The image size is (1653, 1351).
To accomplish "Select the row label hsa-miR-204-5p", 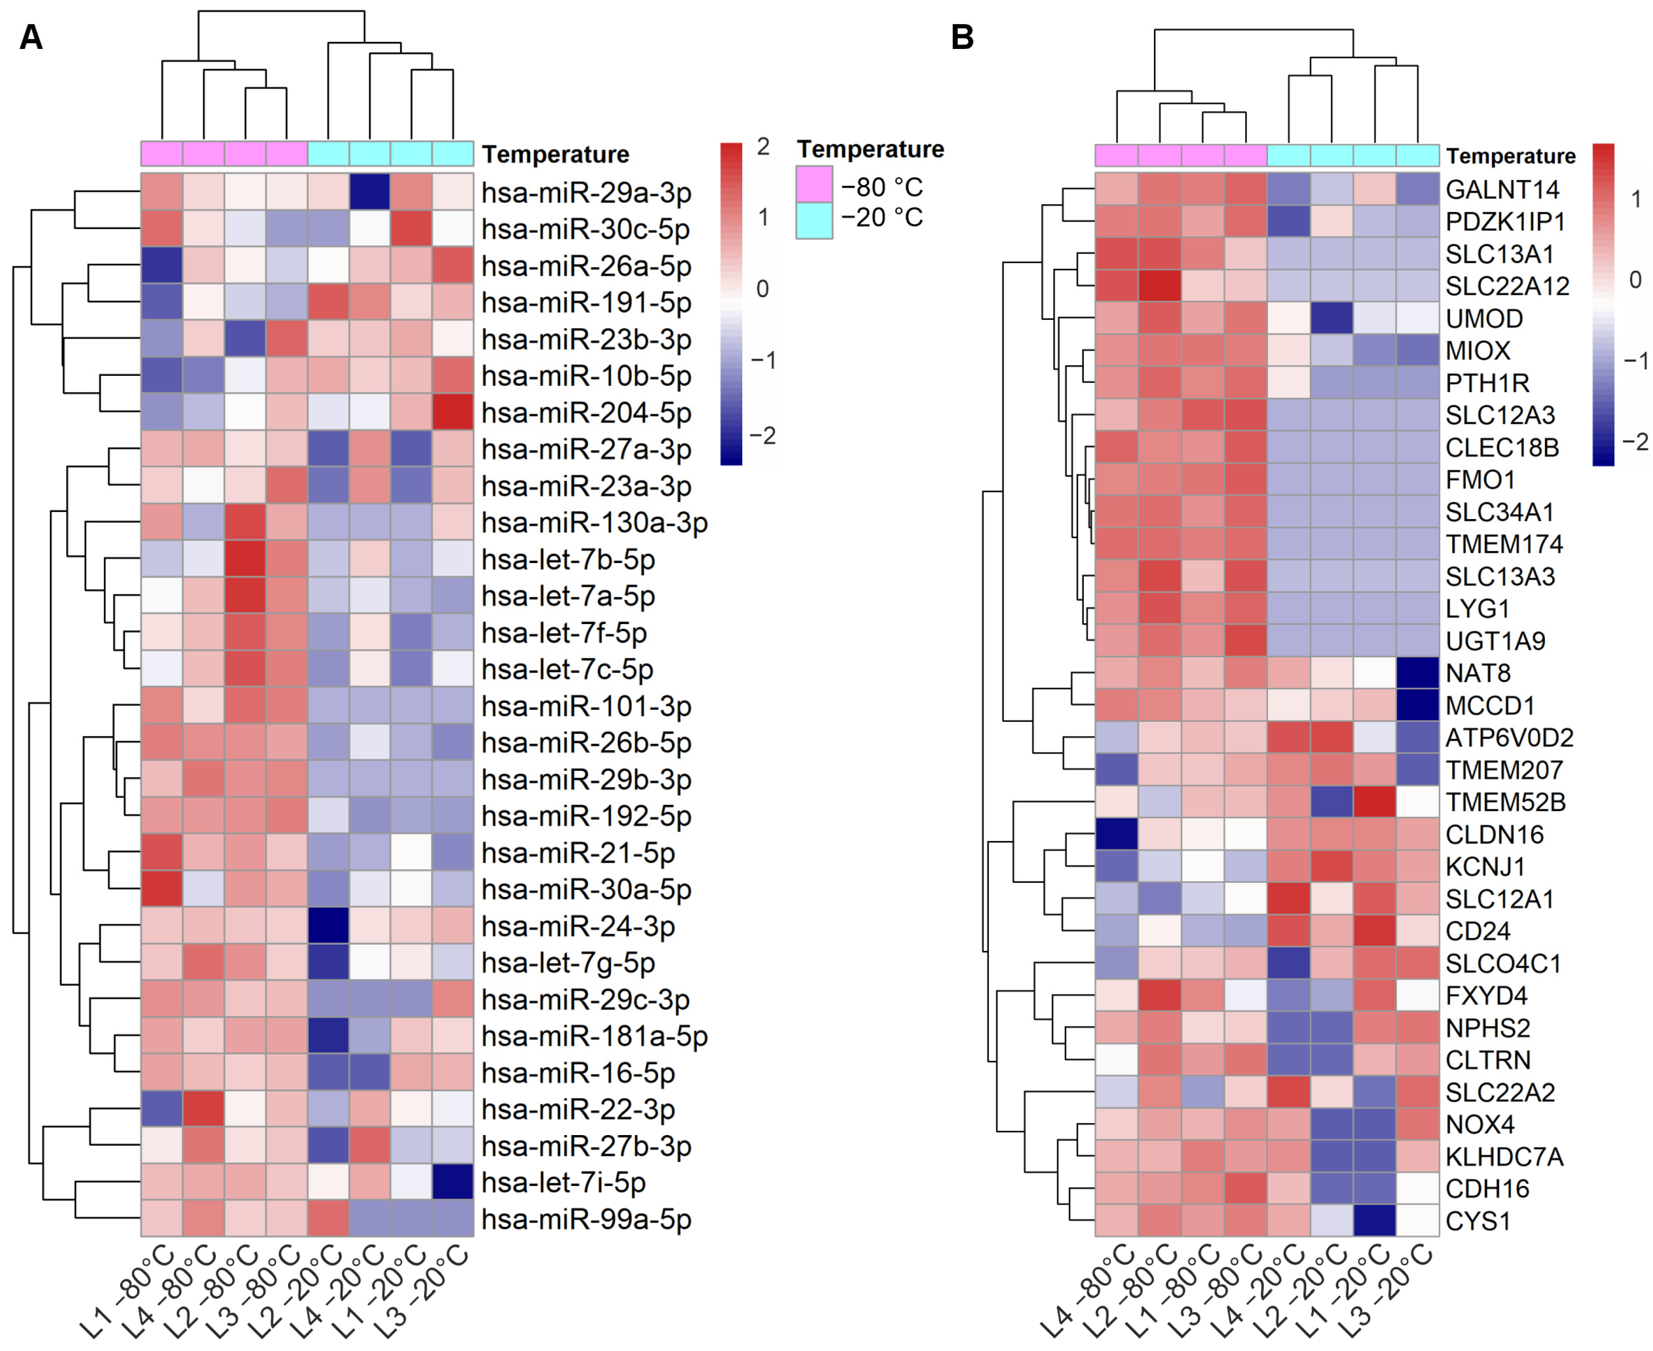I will point(586,413).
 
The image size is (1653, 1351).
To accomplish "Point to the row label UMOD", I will point(1483,318).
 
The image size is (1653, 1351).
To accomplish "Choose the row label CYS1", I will point(1477,1221).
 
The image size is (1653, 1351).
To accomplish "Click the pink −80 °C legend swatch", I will point(814,185).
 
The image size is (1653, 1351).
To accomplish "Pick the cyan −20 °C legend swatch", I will point(814,220).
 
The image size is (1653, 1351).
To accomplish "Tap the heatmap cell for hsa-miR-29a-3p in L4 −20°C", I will point(370,191).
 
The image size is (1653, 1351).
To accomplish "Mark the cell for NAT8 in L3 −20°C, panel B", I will point(1417,672).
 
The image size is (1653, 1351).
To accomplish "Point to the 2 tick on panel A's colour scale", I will point(763,146).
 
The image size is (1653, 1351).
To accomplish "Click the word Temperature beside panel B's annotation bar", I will point(1510,156).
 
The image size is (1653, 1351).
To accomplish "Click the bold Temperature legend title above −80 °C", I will point(870,149).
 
